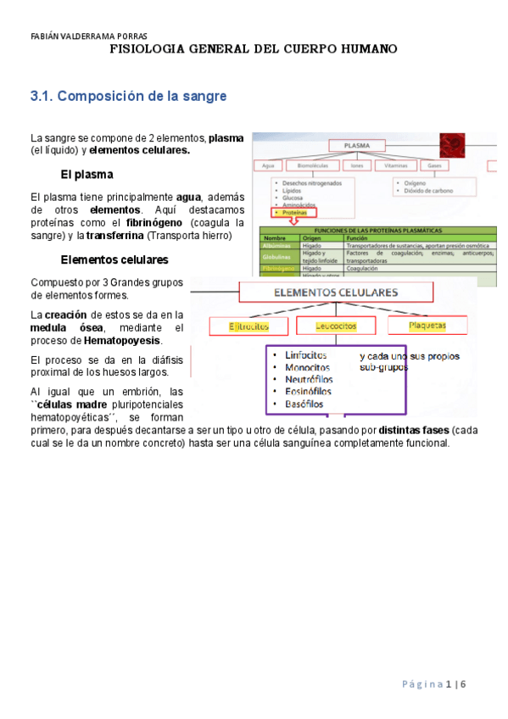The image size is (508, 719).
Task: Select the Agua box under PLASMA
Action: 268,165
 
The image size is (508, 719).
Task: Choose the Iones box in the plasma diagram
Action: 356,165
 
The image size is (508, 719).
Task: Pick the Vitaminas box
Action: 394,165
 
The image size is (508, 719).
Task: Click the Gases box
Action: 433,165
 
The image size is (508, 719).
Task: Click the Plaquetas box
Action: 427,325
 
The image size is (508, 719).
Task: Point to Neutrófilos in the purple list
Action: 309,379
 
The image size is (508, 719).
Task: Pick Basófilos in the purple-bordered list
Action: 304,404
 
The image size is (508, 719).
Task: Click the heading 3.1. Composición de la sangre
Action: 128,97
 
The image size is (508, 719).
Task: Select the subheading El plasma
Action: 87,175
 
